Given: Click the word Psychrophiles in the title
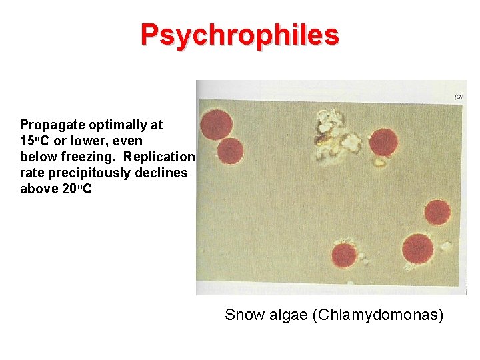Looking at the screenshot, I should click(x=239, y=35).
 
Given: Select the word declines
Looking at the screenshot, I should click(x=164, y=173).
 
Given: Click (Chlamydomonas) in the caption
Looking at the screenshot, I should click(x=377, y=315).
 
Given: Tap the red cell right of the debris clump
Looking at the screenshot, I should click(x=383, y=141).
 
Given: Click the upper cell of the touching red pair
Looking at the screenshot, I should click(x=217, y=125).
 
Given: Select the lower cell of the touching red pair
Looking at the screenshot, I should click(x=230, y=151).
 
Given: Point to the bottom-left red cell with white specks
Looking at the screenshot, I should click(x=344, y=255).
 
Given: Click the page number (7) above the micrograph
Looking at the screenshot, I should click(x=459, y=97).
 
